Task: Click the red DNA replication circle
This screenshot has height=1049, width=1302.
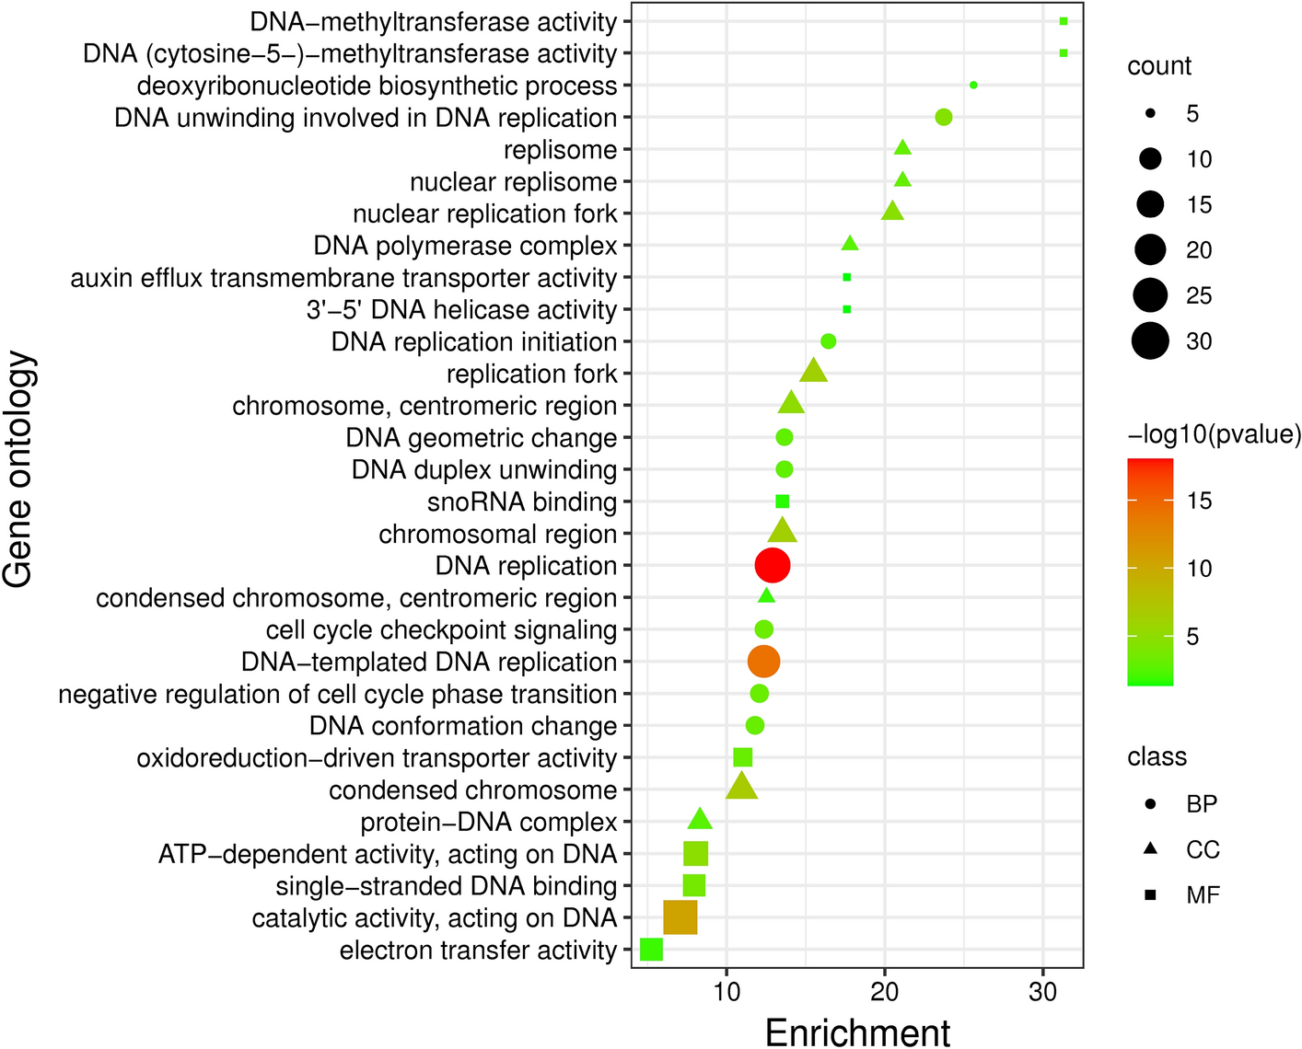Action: coord(772,566)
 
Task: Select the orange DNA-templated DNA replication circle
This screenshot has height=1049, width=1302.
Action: coord(762,662)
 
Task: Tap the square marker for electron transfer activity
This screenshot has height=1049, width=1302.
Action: coord(651,950)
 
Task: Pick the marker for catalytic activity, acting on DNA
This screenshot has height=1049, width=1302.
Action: coord(680,917)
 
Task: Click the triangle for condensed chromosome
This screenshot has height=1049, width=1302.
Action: coord(742,788)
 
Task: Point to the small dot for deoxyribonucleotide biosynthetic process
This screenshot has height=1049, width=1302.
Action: coord(973,86)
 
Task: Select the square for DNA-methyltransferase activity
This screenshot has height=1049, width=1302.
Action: coord(1064,21)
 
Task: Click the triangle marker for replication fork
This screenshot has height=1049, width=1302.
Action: coord(813,372)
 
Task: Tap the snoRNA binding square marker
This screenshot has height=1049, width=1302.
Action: coord(783,501)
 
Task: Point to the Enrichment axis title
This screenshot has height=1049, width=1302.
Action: coord(857,1032)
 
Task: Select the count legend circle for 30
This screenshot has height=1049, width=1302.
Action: coord(1150,341)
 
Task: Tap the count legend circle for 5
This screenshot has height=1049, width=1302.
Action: coord(1150,114)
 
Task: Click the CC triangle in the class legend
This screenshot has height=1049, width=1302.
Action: coord(1150,849)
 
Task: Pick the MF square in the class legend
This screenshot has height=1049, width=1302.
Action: coord(1150,895)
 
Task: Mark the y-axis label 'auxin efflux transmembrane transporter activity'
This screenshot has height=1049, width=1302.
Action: coord(343,278)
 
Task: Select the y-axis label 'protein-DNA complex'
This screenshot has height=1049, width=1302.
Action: coord(488,822)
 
